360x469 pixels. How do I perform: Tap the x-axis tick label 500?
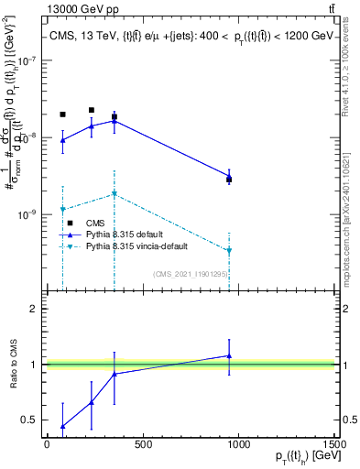tap(143, 445)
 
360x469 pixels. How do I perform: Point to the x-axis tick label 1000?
tap(239, 445)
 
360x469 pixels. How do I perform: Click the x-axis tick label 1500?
tap(335, 445)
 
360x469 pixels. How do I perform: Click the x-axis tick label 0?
tap(47, 445)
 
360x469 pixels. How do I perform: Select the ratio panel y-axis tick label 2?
tap(33, 309)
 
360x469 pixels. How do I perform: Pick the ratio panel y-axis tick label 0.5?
tap(29, 420)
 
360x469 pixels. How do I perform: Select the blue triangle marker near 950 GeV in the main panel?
tap(229, 177)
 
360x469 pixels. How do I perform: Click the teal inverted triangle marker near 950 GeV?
tap(229, 250)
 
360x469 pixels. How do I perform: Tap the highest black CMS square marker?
tap(91, 110)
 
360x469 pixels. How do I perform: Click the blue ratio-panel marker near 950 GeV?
tap(229, 355)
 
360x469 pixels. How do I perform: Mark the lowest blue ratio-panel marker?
tap(62, 426)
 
